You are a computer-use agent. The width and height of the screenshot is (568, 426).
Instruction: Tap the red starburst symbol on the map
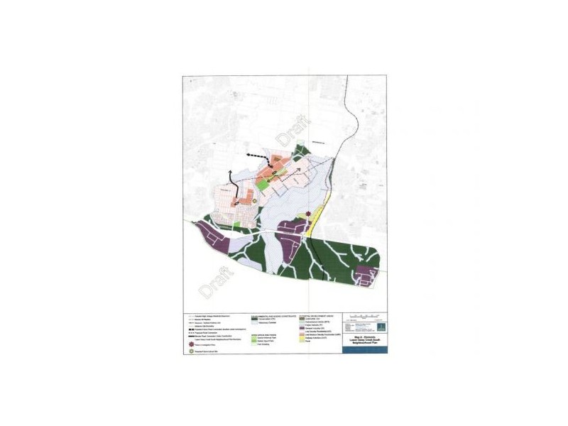coord(309,214)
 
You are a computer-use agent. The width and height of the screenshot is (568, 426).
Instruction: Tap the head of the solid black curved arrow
coord(231,173)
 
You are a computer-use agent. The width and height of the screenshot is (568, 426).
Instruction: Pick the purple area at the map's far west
coord(211,234)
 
